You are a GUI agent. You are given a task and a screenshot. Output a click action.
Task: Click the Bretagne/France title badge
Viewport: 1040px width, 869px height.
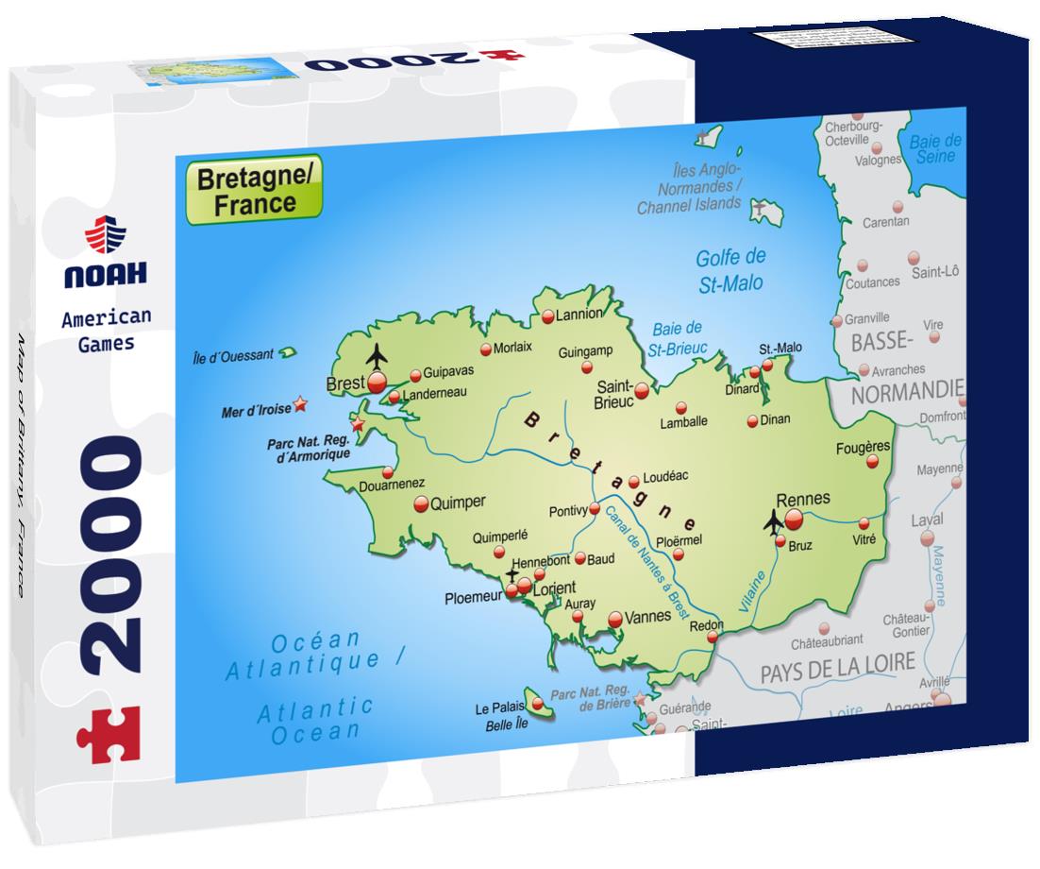pyautogui.click(x=254, y=190)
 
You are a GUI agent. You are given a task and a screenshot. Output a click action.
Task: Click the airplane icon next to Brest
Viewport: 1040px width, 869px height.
pyautogui.click(x=377, y=358)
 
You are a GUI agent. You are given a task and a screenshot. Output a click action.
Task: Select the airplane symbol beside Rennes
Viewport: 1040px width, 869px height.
pyautogui.click(x=774, y=520)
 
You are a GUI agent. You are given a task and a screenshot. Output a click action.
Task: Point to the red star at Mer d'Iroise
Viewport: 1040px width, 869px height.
pyautogui.click(x=300, y=404)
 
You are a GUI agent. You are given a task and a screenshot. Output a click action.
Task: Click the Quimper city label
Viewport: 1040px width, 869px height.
pyautogui.click(x=458, y=503)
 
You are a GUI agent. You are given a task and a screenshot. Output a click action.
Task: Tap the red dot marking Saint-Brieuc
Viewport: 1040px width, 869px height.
pyautogui.click(x=642, y=389)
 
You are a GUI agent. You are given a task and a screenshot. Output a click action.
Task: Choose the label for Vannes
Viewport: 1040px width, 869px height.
pyautogui.click(x=647, y=615)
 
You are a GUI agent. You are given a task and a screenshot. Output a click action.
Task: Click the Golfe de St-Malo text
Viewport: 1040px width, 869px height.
pyautogui.click(x=730, y=270)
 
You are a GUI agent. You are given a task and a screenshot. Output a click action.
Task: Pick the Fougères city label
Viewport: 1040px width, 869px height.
pyautogui.click(x=863, y=447)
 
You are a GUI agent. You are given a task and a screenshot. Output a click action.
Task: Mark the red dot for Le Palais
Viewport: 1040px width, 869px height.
pyautogui.click(x=537, y=703)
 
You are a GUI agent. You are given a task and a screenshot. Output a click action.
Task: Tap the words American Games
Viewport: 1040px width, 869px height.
pyautogui.click(x=106, y=331)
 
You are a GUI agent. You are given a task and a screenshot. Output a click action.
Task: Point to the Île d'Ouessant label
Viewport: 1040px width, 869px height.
pyautogui.click(x=233, y=356)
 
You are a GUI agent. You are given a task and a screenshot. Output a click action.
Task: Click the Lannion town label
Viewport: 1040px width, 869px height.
pyautogui.click(x=578, y=315)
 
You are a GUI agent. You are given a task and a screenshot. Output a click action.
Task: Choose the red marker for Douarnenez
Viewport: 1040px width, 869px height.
pyautogui.click(x=387, y=472)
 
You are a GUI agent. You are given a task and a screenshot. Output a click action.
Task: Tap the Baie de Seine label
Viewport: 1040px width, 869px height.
pyautogui.click(x=934, y=148)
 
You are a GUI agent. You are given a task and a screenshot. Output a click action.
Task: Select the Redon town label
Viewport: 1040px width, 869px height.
pyautogui.click(x=707, y=625)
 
